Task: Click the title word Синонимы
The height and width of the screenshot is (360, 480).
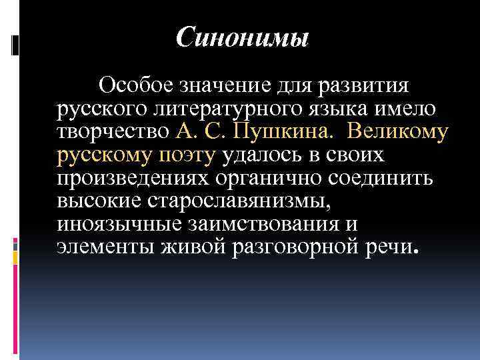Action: tap(243, 37)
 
